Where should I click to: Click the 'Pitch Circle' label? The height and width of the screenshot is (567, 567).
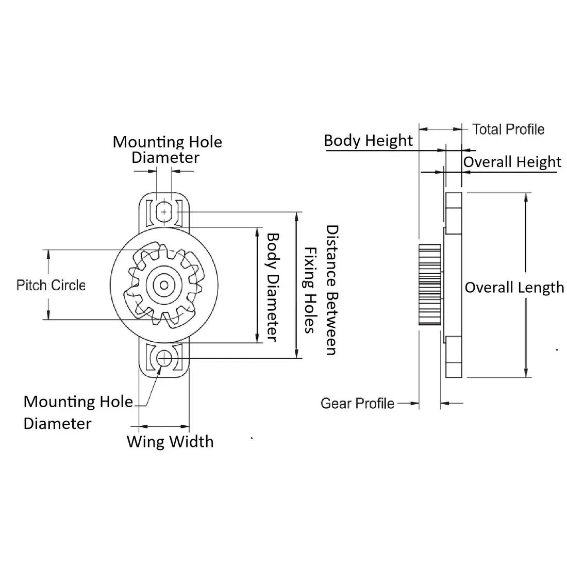tap(51, 285)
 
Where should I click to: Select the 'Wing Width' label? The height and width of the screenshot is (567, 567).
tap(170, 442)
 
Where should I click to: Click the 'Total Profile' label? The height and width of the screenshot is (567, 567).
tap(508, 129)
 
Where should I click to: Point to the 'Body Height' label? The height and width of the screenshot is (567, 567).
tap(368, 140)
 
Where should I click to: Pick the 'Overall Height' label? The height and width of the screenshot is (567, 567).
tap(512, 162)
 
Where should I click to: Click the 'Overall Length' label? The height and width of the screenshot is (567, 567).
tap(514, 287)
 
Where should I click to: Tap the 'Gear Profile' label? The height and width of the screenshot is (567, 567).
tap(357, 403)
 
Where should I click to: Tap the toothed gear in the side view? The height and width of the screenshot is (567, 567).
tap(429, 285)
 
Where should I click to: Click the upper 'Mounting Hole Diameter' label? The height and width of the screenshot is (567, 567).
tap(167, 149)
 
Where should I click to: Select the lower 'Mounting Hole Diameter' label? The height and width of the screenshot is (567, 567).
tap(77, 412)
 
